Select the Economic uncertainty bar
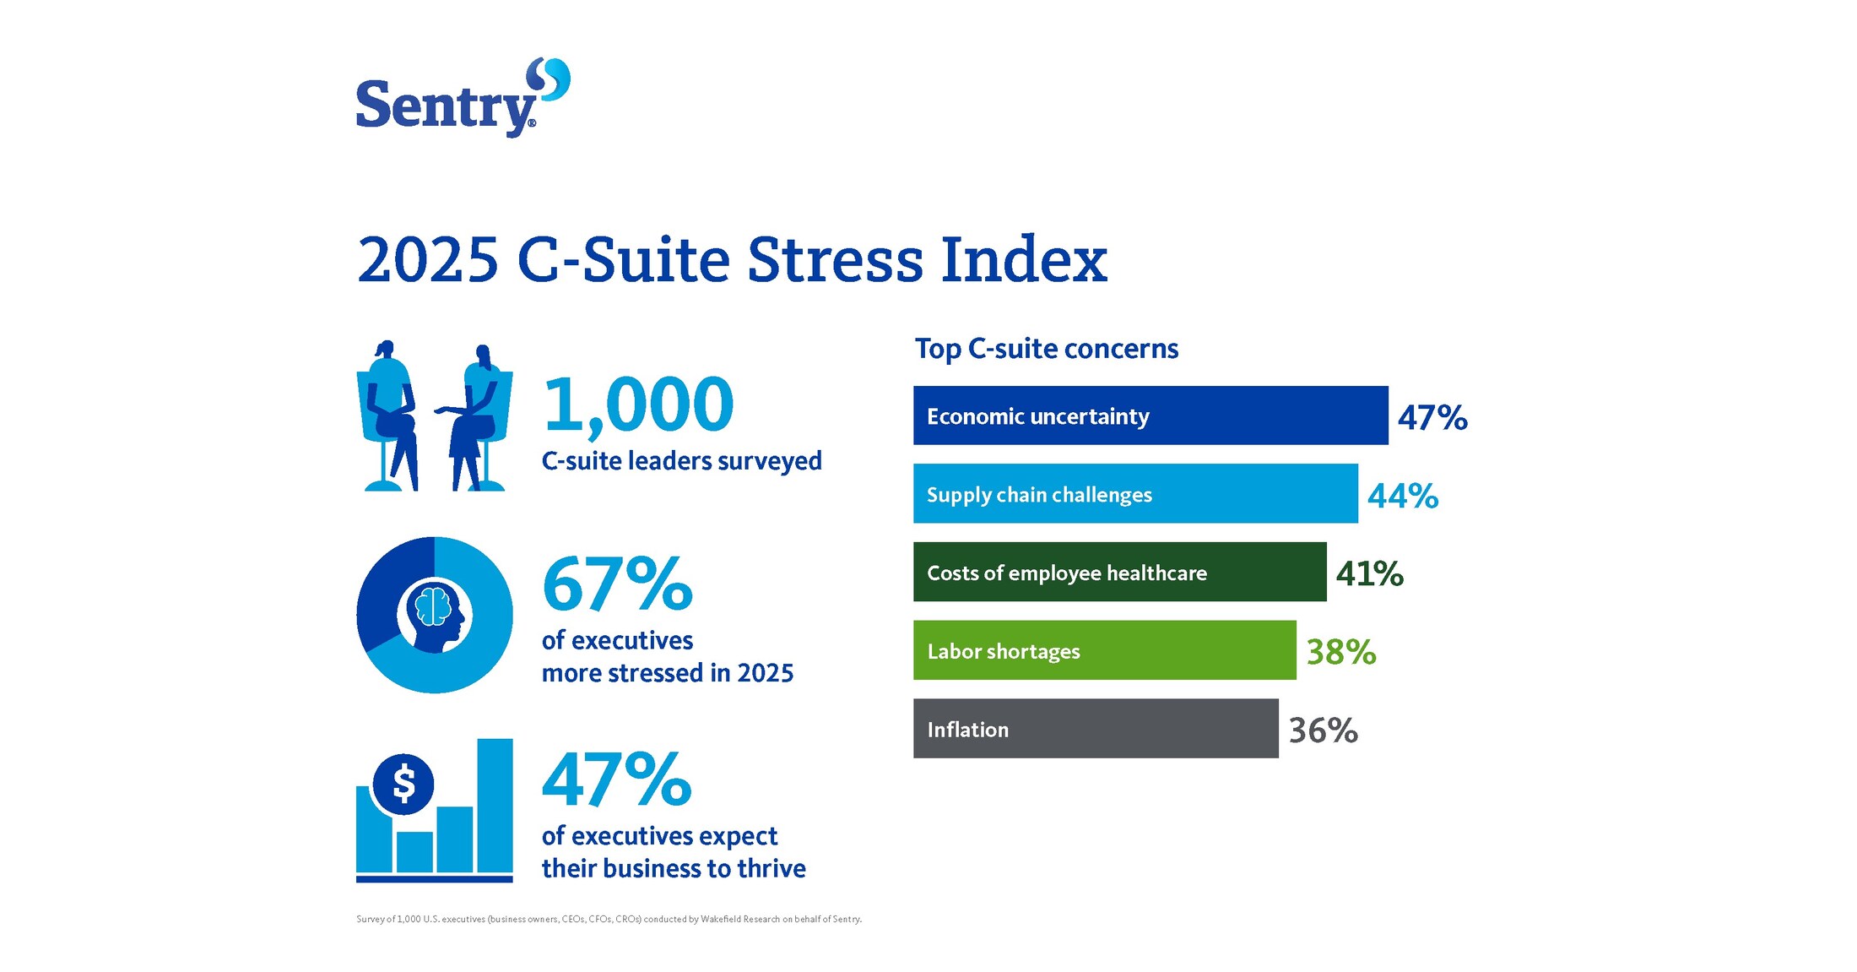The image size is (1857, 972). [x=1150, y=415]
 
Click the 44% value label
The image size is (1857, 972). [x=1402, y=496]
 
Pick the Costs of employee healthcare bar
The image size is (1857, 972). [x=1119, y=573]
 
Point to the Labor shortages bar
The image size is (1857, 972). [x=1104, y=650]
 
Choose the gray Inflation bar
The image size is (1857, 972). [x=1095, y=729]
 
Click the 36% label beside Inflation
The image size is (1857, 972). [x=1323, y=730]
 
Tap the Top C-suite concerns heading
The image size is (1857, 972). [x=1046, y=349]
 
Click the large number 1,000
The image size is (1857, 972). [x=638, y=405]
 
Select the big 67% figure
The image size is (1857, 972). [x=617, y=584]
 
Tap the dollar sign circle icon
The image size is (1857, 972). [x=403, y=784]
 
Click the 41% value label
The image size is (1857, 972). [x=1368, y=574]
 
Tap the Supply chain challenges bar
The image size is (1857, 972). [x=1134, y=494]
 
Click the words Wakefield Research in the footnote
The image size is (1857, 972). [x=739, y=920]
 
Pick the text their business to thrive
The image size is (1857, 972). [x=674, y=869]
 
